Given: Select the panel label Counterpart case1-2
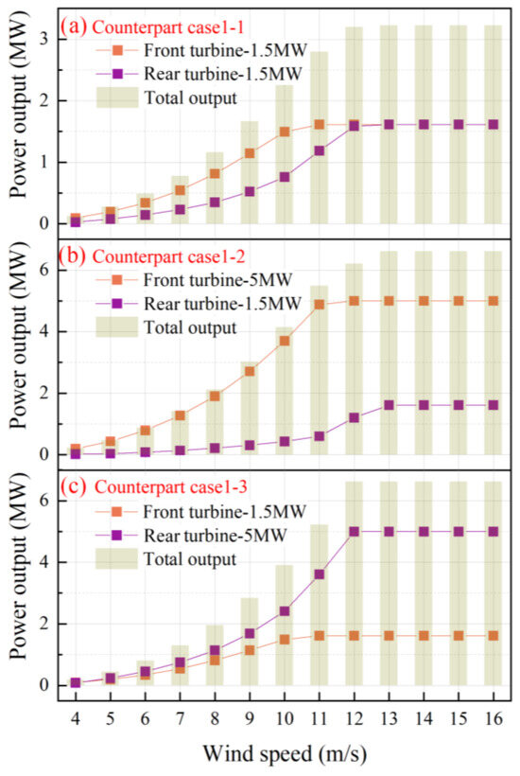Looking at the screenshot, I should (x=161, y=256).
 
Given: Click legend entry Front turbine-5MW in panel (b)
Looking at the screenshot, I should (x=224, y=279).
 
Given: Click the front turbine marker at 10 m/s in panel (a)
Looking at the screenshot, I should (x=284, y=132).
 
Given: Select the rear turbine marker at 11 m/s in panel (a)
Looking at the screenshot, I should (x=319, y=150).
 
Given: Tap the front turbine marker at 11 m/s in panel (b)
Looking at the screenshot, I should (x=319, y=305).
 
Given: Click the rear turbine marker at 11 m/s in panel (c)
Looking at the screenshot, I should (x=319, y=574).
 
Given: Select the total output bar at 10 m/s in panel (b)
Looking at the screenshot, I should (x=284, y=390).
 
